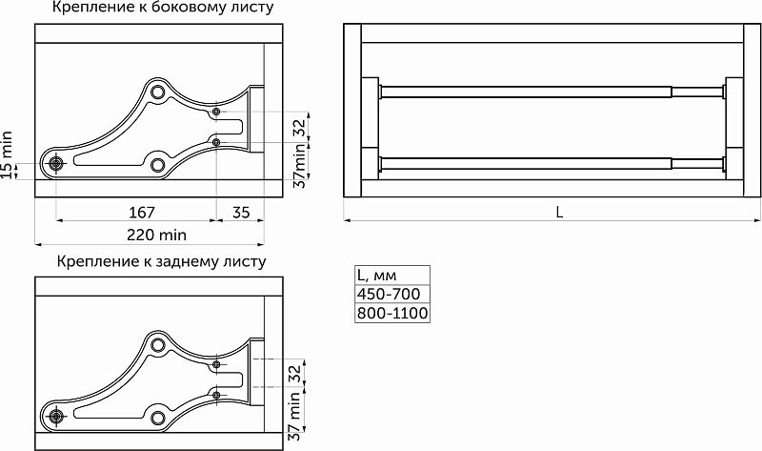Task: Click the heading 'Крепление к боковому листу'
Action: [164, 9]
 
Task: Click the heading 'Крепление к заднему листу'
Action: [161, 261]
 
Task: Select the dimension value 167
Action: [141, 212]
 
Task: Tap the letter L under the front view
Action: [559, 213]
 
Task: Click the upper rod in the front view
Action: [552, 92]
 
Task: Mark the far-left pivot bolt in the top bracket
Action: [56, 162]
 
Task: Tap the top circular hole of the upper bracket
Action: [157, 92]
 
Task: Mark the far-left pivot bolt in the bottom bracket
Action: [56, 415]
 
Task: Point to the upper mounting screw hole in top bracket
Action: [217, 113]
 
